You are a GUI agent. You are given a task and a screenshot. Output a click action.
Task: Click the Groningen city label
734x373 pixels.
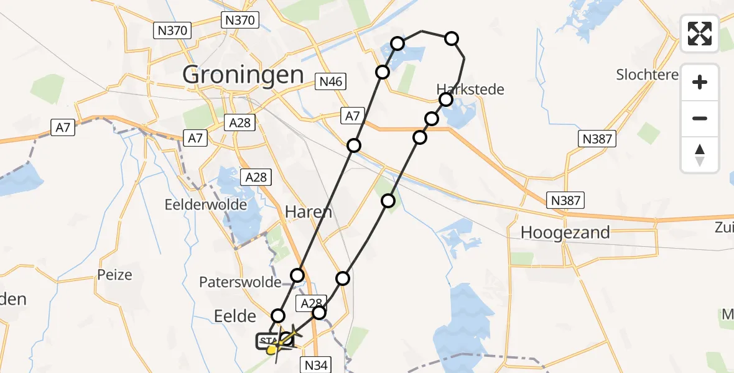(x=243, y=75)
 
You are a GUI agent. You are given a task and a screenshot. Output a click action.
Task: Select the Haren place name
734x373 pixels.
(x=308, y=212)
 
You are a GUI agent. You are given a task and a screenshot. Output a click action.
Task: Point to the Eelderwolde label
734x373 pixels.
(x=206, y=205)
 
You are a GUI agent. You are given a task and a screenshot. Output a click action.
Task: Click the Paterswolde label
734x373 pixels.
(x=240, y=282)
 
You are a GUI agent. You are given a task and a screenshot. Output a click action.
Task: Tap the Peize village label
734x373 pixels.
(x=115, y=274)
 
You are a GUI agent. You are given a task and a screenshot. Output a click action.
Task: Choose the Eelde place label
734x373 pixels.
(x=235, y=316)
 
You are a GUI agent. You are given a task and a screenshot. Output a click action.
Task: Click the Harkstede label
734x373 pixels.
(x=470, y=89)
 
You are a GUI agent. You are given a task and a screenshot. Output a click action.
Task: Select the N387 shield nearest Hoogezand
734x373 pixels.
(x=565, y=200)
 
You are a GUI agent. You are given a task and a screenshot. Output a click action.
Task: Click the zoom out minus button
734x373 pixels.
(x=700, y=118)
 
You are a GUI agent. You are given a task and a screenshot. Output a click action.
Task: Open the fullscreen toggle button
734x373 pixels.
(x=700, y=34)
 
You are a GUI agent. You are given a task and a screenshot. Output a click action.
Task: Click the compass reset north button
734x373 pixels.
(x=700, y=155)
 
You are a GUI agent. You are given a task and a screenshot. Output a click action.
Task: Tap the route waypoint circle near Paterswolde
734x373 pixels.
(x=298, y=275)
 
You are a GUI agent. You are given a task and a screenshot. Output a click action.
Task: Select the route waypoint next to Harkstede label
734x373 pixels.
(x=445, y=99)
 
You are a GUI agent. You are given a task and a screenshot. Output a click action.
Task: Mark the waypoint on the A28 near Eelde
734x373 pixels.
(x=318, y=312)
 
